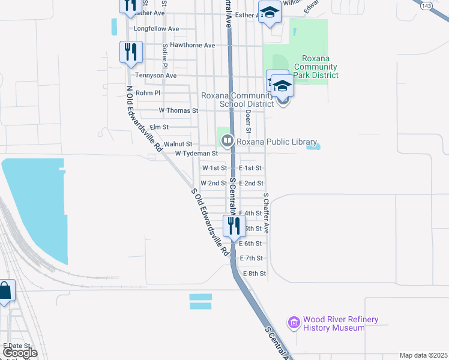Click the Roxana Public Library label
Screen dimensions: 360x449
(277, 142)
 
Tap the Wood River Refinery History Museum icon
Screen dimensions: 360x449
(294, 323)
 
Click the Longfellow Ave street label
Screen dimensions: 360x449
(157, 28)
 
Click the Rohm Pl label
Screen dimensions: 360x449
(149, 93)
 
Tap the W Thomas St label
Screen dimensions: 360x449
(178, 110)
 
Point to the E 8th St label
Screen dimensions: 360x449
(254, 273)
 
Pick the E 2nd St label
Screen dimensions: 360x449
(251, 183)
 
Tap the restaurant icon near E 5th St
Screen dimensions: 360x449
(233, 226)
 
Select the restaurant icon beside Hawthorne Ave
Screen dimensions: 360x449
(130, 52)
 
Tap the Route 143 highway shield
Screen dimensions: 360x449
(426, 6)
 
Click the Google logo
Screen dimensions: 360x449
(20, 353)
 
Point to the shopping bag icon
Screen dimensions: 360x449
(5, 292)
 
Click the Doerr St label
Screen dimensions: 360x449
(247, 122)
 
